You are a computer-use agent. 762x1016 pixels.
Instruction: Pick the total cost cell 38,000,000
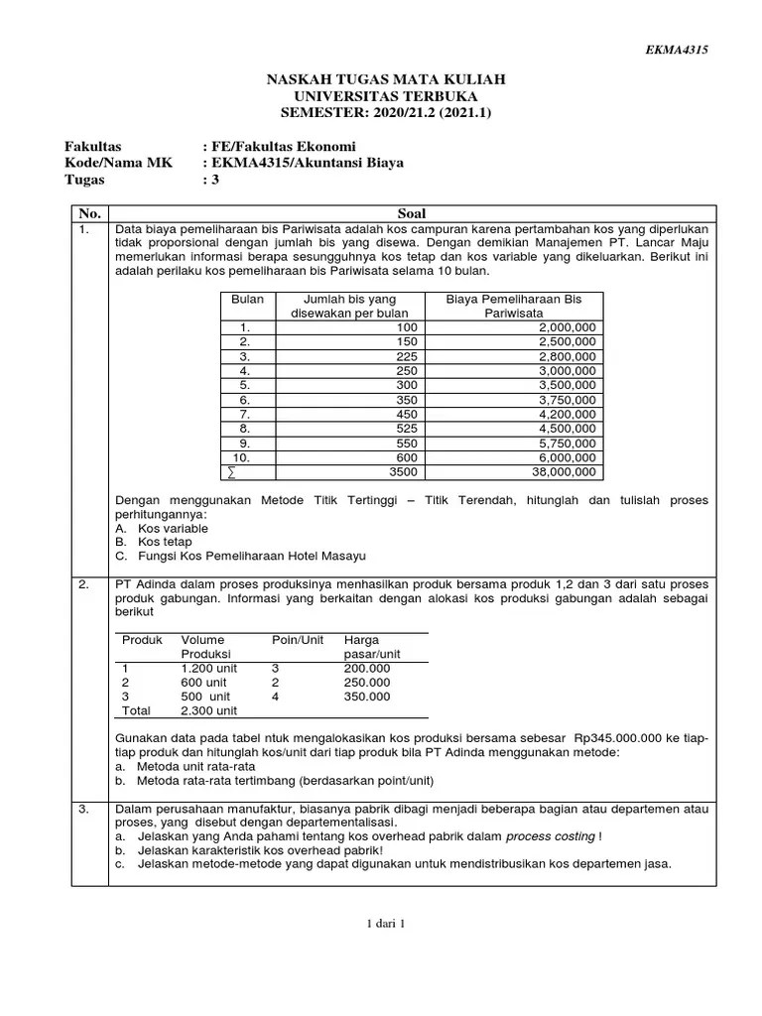point(563,472)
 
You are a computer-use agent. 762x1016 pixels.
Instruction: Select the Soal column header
point(411,213)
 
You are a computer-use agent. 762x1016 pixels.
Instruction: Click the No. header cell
point(89,213)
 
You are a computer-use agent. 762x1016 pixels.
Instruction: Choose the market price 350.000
point(366,697)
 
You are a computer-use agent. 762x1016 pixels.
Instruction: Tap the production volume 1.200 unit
point(210,669)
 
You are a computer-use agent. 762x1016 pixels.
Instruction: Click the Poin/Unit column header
point(298,640)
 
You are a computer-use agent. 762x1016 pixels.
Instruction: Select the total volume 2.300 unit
point(208,710)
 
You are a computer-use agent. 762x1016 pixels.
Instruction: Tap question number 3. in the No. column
point(85,809)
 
